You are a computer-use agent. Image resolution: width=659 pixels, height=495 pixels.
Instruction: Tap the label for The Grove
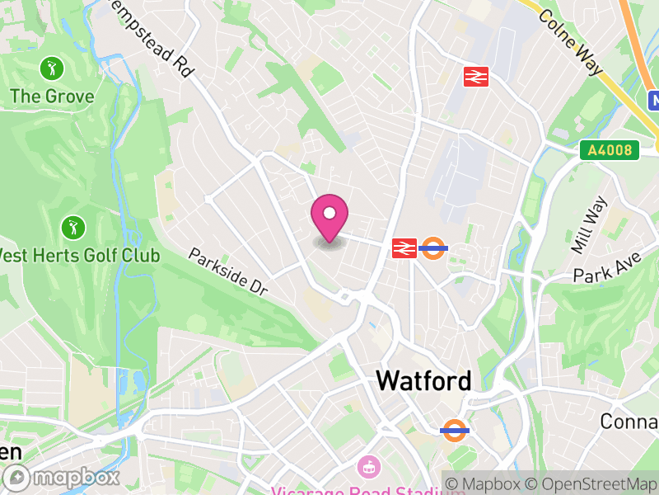point(52,96)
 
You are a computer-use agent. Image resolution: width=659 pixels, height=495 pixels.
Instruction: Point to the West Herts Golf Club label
point(79,254)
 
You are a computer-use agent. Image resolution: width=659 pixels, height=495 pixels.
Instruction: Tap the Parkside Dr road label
point(228,271)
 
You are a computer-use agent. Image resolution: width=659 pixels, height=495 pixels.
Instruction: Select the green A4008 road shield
point(610,150)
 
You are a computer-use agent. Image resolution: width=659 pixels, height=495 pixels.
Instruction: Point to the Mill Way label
point(589,224)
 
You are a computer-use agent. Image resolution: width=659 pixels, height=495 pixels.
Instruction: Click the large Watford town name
point(423,380)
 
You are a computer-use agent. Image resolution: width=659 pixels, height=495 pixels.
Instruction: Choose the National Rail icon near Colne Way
point(476,77)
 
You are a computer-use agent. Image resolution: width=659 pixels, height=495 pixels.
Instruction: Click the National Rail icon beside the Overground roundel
point(404,247)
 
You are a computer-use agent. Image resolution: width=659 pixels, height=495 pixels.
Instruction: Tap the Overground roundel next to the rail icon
point(433,247)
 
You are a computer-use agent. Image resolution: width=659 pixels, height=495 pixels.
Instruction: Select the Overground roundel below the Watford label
point(454,429)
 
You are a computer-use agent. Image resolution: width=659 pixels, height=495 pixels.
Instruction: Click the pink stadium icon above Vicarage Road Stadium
point(367,467)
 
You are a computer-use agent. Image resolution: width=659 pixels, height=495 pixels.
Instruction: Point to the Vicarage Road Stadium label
point(354,488)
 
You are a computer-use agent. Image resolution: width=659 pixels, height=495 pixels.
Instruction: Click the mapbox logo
point(63,477)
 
